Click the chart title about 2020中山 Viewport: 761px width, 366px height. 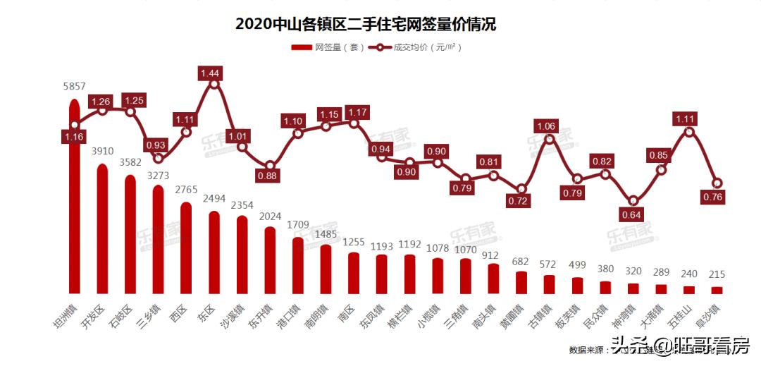(366, 24)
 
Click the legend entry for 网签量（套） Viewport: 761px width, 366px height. (327, 48)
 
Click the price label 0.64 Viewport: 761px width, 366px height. (633, 215)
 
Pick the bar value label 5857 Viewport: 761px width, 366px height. (74, 86)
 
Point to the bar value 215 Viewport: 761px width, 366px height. (717, 274)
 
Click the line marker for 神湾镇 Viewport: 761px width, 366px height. (633, 201)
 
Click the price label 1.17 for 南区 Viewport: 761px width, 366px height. (354, 111)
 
